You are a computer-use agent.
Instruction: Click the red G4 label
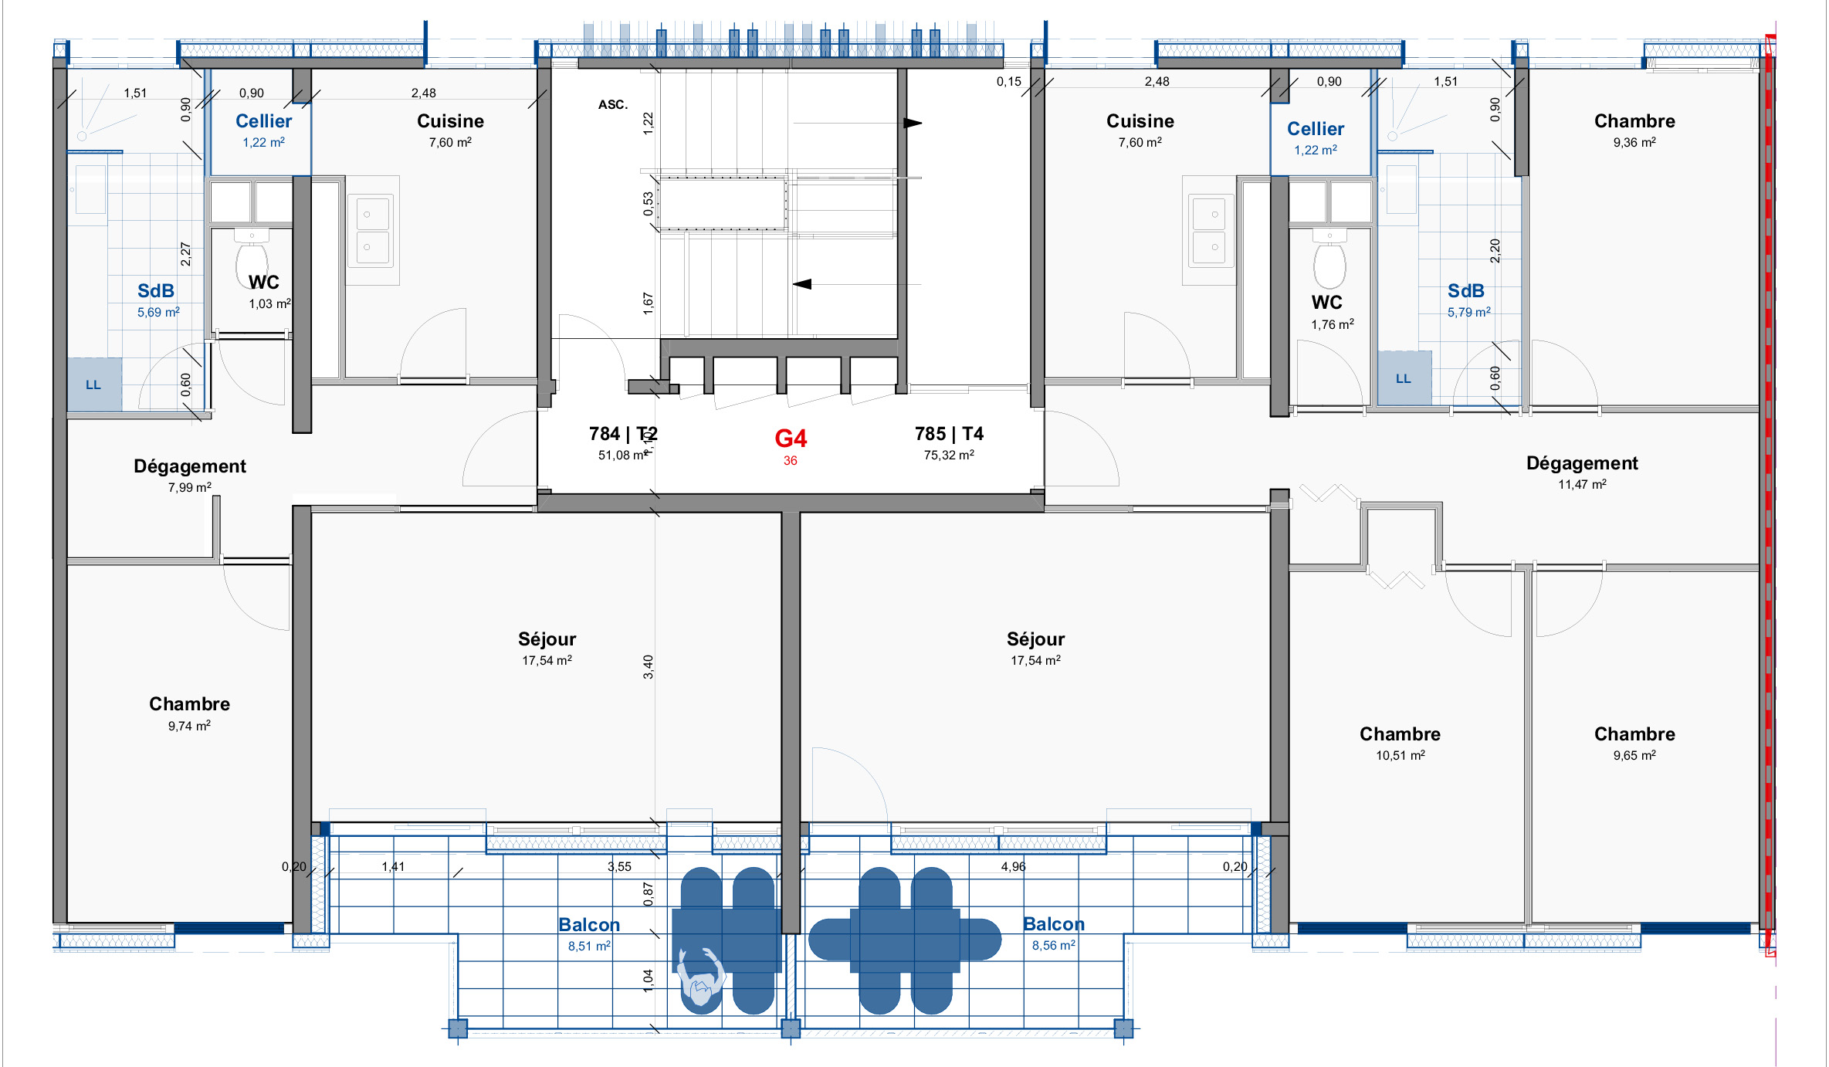coord(791,439)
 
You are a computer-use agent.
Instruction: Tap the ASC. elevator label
coord(613,105)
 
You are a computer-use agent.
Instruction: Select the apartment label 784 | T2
coord(623,434)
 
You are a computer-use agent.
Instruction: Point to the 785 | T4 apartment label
coord(949,434)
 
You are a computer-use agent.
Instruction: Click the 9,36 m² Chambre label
coord(1634,121)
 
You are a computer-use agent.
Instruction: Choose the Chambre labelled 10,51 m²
coord(1400,734)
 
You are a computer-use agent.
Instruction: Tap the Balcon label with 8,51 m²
coord(589,925)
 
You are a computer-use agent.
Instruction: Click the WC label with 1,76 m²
coord(1326,303)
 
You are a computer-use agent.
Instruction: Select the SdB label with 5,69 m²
coord(156,291)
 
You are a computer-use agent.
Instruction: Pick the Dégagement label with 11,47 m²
coord(1582,463)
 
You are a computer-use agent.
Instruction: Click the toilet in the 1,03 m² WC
coord(252,259)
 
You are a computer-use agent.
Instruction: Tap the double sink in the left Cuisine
coord(373,230)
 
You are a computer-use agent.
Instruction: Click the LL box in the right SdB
coord(1404,378)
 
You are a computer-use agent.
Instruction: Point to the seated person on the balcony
coord(700,977)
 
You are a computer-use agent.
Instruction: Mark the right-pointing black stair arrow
coord(913,123)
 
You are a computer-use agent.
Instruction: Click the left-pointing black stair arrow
coord(802,284)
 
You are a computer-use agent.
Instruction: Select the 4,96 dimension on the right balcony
coord(1013,867)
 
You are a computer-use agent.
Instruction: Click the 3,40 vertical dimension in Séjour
coord(649,667)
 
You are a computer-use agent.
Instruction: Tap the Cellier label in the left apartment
coord(263,121)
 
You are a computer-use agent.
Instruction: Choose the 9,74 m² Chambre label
coord(189,704)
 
